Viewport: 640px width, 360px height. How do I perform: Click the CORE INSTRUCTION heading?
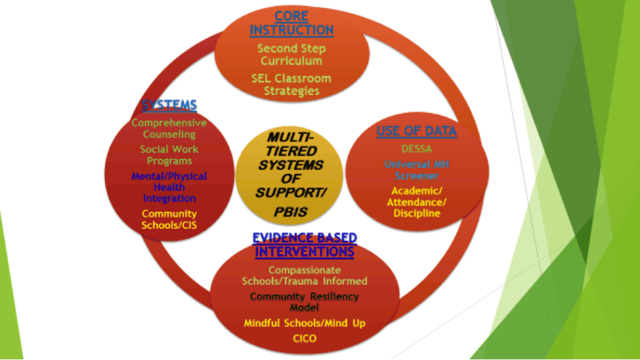click(x=291, y=22)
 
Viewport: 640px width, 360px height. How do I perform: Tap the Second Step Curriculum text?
click(x=291, y=54)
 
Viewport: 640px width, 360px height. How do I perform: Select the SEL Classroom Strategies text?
click(x=291, y=84)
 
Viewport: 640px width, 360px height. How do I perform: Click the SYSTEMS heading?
click(x=169, y=104)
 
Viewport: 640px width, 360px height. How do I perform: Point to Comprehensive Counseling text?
click(x=169, y=128)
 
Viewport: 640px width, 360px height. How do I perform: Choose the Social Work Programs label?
click(x=169, y=155)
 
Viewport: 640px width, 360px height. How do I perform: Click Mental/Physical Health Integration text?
click(x=169, y=187)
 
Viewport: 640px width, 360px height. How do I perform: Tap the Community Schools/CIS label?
click(x=169, y=219)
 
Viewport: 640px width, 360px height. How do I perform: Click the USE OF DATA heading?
click(x=416, y=131)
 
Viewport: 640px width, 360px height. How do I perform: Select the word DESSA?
click(x=416, y=149)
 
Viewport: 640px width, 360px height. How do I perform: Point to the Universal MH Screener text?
click(x=416, y=170)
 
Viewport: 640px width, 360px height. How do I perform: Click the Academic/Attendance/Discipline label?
click(x=416, y=202)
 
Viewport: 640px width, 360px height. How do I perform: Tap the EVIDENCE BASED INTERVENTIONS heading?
click(x=304, y=244)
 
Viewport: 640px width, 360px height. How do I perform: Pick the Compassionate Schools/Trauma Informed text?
click(x=304, y=275)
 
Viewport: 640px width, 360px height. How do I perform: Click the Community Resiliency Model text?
click(x=304, y=302)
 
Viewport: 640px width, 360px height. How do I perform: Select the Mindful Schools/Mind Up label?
click(x=304, y=323)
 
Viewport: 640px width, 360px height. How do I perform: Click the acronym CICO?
click(x=304, y=339)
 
